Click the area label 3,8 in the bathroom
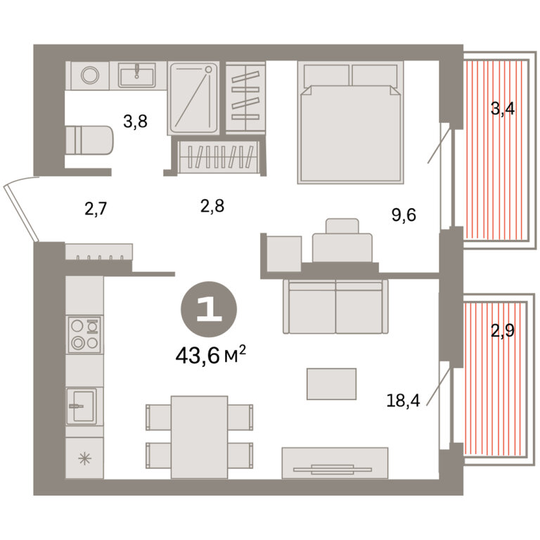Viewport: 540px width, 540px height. tap(135, 122)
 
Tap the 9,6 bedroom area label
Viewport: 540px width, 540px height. tap(404, 215)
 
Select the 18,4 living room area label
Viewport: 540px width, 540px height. tap(404, 401)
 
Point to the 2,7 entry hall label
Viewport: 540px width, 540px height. tap(96, 209)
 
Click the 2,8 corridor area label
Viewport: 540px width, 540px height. tap(212, 206)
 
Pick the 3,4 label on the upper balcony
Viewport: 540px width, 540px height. tap(503, 109)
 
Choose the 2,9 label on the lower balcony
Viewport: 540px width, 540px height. tap(503, 330)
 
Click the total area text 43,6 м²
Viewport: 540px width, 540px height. tap(211, 355)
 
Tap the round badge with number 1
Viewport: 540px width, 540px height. tap(209, 309)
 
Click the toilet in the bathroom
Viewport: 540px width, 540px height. tap(89, 140)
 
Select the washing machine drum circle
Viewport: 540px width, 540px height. tap(90, 75)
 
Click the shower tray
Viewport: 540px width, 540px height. tap(194, 98)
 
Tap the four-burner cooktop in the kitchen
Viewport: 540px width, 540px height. tap(84, 335)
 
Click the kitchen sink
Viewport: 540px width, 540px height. tap(82, 406)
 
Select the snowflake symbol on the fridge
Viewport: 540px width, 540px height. tap(84, 458)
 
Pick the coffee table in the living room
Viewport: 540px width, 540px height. tap(331, 384)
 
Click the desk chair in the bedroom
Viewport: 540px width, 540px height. tap(342, 226)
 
